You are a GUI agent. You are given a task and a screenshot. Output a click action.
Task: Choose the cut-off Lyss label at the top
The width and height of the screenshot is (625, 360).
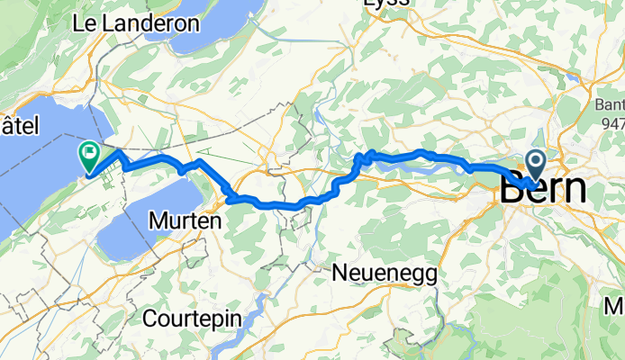[386, 4]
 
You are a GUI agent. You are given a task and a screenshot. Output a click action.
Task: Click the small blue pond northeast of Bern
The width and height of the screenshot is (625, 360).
[571, 79]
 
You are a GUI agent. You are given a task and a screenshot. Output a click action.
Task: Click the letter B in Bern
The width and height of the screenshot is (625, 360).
[512, 190]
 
